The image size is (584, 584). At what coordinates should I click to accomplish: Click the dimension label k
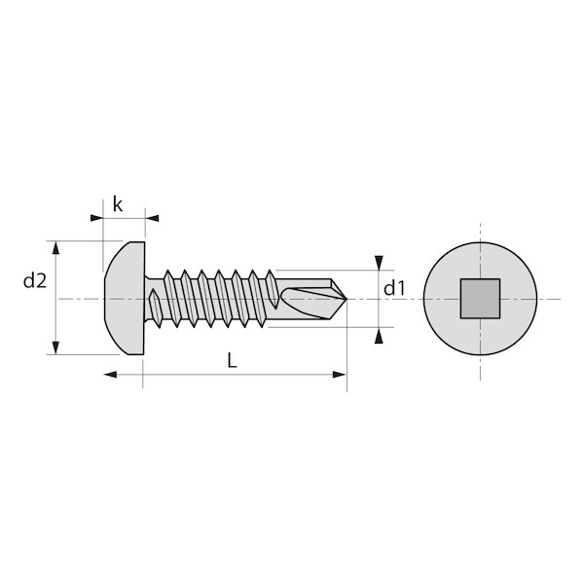coord(118,204)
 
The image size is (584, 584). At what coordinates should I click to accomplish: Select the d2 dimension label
coord(35,281)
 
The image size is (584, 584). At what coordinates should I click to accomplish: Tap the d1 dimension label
coord(394,288)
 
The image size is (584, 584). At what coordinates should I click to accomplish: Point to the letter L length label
coord(232,360)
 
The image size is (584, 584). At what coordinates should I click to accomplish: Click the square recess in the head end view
coord(480,299)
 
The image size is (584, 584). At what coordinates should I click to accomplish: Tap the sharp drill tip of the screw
coord(347,299)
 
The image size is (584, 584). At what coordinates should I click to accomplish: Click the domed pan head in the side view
coord(125,298)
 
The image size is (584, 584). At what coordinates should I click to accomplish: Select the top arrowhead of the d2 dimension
coord(55,247)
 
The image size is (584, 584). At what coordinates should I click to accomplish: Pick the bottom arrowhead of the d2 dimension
coord(55,347)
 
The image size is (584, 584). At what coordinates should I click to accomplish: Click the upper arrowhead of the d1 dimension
coord(379,263)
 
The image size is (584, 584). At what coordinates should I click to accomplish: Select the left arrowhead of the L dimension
coord(110,375)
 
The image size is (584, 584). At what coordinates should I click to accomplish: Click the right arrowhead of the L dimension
coord(340,375)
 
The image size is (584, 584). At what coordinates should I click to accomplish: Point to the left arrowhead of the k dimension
coord(96,218)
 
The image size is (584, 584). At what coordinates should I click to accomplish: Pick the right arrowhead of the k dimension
coord(152,218)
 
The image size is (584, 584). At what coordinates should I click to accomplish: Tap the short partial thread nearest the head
coord(155,308)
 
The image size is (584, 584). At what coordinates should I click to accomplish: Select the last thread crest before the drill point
coord(272,289)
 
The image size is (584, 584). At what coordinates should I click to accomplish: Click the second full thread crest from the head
coord(189,299)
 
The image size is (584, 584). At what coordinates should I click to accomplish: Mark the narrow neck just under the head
coord(148,299)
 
